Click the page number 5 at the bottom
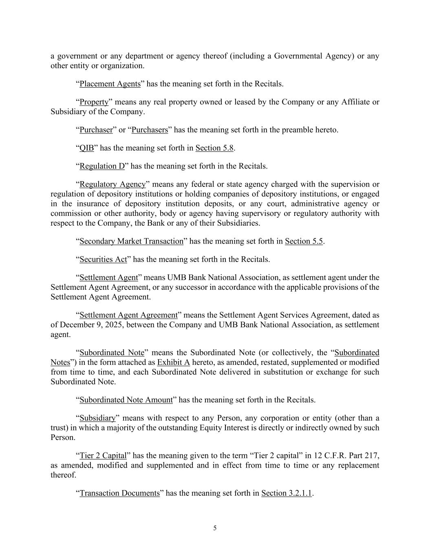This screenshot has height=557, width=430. [215, 528]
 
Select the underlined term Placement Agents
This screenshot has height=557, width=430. [110, 84]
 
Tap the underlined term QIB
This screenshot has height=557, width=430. [86, 148]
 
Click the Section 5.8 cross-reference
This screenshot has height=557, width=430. [214, 148]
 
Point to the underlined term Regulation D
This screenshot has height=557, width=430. [102, 166]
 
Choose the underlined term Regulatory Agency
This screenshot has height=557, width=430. [112, 184]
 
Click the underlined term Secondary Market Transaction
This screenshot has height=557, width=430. [131, 242]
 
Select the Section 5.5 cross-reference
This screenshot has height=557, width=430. [304, 242]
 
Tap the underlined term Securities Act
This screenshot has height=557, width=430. [103, 260]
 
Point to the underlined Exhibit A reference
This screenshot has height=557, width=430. [173, 363]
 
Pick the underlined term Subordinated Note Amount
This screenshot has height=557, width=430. [126, 400]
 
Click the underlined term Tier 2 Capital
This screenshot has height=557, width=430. [103, 456]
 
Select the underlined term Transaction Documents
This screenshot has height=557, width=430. [119, 493]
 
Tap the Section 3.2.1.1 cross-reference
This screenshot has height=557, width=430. [287, 493]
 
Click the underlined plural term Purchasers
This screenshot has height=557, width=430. [150, 130]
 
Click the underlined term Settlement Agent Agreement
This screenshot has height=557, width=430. [128, 315]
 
